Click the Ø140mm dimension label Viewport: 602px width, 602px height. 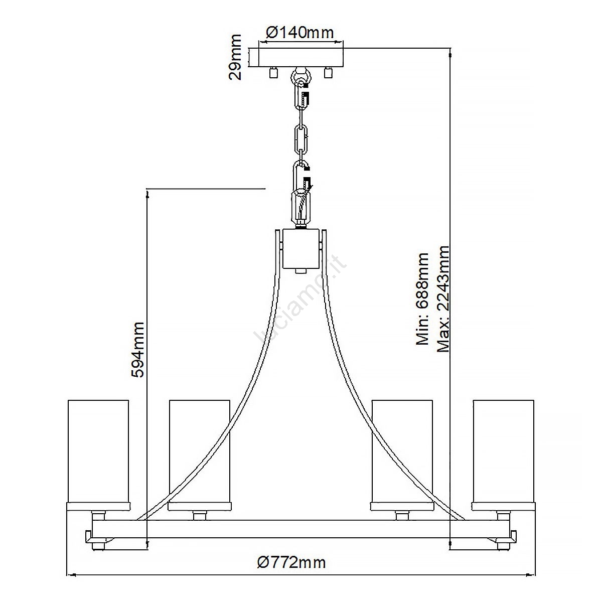tap(299, 33)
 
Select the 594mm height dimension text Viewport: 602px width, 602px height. tap(137, 350)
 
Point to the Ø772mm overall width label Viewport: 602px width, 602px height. tap(291, 563)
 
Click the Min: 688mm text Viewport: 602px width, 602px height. tap(422, 298)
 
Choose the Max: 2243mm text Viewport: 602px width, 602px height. tap(443, 299)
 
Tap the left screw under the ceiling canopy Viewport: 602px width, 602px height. tap(274, 72)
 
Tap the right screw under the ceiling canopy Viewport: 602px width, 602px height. tap(328, 72)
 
